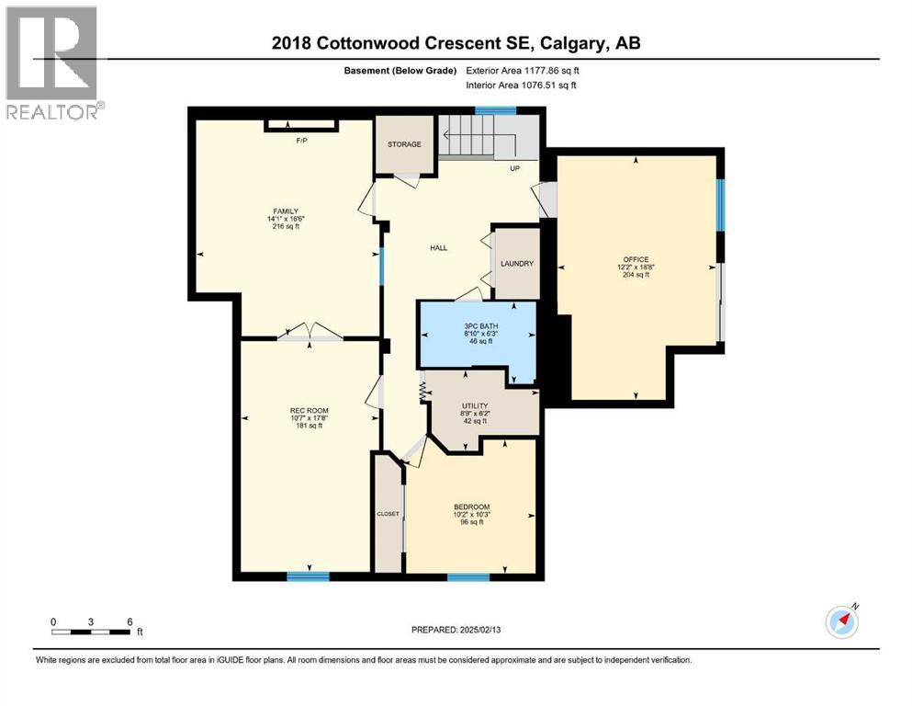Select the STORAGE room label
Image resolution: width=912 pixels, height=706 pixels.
tap(404, 144)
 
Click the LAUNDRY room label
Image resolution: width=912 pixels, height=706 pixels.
tap(517, 264)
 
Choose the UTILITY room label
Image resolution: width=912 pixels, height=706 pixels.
tap(475, 405)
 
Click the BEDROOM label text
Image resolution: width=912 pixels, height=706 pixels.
tap(471, 507)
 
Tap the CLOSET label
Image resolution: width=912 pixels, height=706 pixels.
tap(388, 514)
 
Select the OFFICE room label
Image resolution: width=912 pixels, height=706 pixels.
tap(636, 260)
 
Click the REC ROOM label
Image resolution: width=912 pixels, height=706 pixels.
tap(309, 410)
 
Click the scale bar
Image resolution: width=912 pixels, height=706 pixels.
tap(90, 632)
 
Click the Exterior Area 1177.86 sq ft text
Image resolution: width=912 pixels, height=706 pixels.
tap(523, 70)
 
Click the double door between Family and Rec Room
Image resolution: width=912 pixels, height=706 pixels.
tap(310, 334)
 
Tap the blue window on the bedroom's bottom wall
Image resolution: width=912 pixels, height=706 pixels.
tap(467, 577)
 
